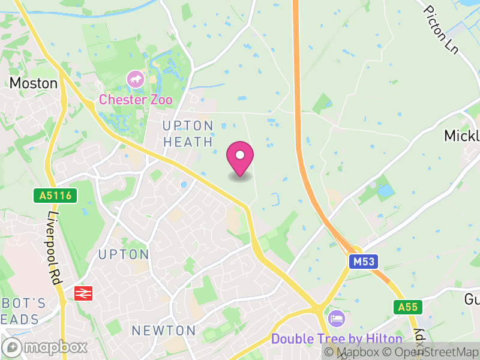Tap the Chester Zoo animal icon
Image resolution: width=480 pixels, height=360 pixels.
pos(135,79)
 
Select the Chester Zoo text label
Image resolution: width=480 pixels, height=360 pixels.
pos(136,100)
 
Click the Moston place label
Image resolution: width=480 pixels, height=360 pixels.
pos(34,83)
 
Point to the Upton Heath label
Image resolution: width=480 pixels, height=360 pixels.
pos(188,134)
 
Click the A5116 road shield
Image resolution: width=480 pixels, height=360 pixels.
pos(52,195)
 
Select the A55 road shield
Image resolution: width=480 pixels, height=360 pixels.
pos(407,307)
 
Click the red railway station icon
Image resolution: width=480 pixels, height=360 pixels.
pos(82,292)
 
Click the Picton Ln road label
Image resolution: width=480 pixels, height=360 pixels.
pos(441,30)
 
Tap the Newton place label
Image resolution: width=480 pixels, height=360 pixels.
pos(164,331)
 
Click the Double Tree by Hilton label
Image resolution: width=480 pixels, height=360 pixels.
pos(327,338)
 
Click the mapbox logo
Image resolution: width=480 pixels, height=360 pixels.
pos(45,347)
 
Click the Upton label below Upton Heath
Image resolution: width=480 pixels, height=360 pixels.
pos(123,254)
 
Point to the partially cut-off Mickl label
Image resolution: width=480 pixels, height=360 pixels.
pos(461,136)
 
